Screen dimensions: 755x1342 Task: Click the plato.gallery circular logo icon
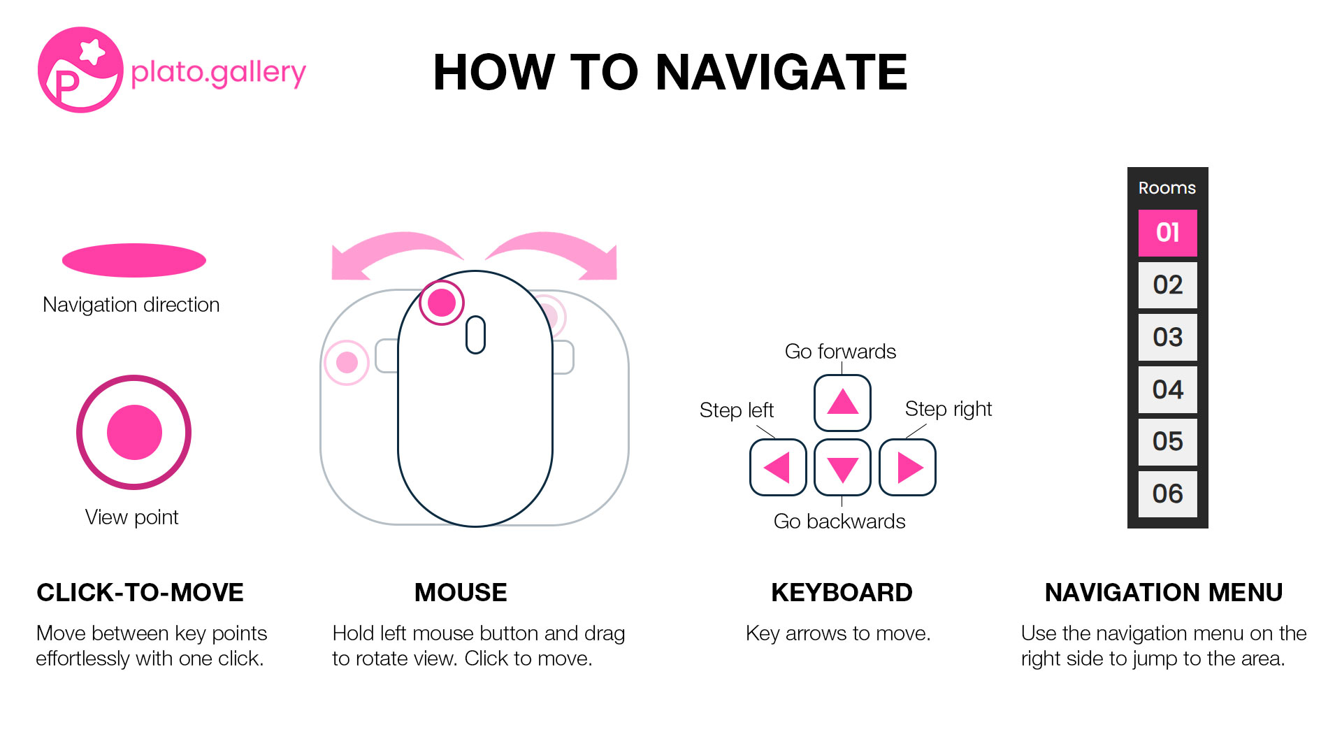80,70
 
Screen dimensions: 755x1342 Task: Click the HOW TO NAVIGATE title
670,73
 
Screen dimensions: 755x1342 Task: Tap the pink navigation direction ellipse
134,261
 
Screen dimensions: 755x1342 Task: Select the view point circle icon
134,432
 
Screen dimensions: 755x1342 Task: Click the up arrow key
842,403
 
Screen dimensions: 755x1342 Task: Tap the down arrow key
842,468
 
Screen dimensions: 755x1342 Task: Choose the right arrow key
907,468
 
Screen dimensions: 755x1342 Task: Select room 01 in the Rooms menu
1167,233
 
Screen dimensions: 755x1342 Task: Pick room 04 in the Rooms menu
1167,389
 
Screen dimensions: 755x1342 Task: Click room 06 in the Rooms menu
1167,494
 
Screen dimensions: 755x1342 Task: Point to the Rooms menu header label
1167,188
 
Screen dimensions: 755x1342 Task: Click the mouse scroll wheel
475,335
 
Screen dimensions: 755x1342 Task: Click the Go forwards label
840,351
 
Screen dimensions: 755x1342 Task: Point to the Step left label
736,410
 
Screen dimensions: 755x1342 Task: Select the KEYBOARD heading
842,592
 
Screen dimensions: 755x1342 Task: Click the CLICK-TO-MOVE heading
140,592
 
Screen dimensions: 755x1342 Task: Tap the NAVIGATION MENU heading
1163,592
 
